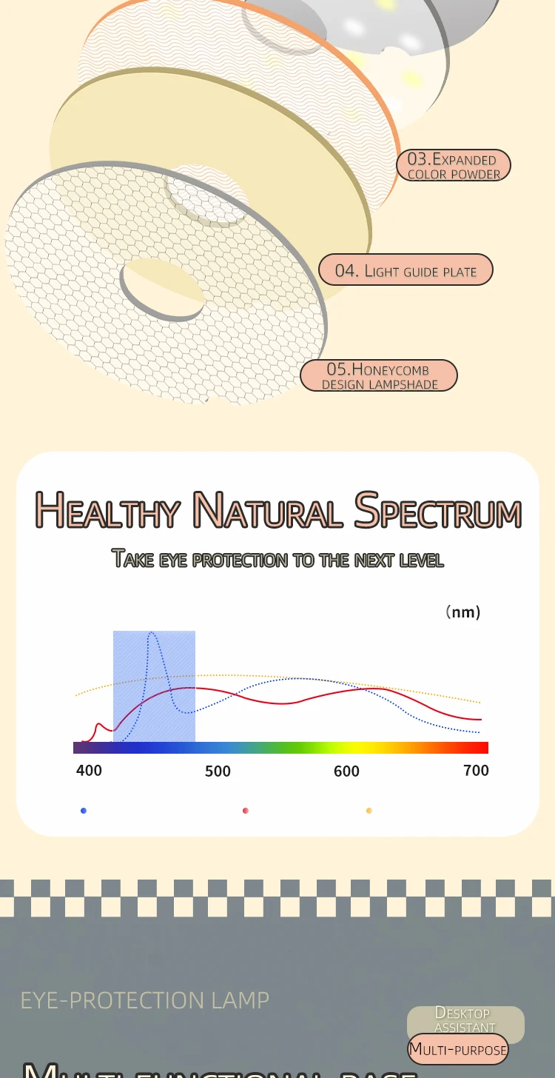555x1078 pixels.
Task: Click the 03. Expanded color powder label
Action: [454, 166]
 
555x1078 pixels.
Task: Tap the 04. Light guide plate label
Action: [406, 270]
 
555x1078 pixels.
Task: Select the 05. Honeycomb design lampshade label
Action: [379, 375]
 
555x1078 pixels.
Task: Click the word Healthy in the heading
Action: [108, 511]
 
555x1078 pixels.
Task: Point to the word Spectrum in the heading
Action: [438, 511]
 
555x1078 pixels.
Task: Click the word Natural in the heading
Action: [267, 511]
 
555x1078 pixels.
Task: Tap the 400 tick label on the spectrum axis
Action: [89, 771]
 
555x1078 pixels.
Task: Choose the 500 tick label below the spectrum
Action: [218, 771]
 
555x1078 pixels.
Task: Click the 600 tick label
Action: [346, 771]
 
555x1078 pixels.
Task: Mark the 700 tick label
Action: [476, 771]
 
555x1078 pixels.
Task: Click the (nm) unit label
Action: [463, 612]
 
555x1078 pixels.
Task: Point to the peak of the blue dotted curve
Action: [152, 633]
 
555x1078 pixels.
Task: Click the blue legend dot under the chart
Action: [84, 811]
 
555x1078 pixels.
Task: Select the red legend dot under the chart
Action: [246, 811]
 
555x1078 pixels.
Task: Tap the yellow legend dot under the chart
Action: [369, 811]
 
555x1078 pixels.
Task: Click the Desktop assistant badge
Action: [465, 1020]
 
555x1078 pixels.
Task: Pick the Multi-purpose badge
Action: [458, 1050]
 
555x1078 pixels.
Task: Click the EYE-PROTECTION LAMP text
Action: [144, 1000]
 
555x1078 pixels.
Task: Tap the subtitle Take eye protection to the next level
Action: [277, 559]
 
